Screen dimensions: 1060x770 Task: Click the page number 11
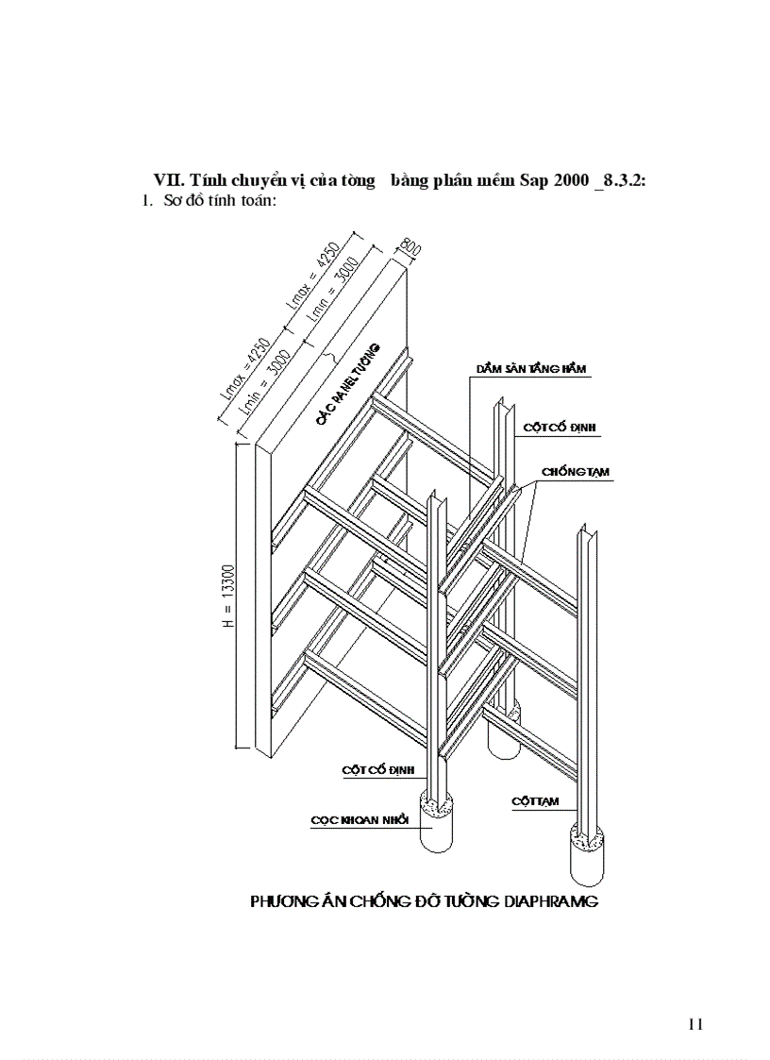click(x=696, y=1024)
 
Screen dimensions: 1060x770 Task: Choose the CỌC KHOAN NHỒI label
click(x=359, y=820)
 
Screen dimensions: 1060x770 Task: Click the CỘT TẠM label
click(x=535, y=801)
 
